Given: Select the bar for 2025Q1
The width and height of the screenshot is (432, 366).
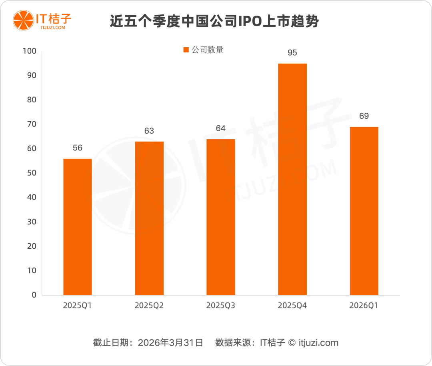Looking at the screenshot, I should pyautogui.click(x=78, y=227).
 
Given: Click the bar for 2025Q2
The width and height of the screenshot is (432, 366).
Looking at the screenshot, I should pyautogui.click(x=149, y=218).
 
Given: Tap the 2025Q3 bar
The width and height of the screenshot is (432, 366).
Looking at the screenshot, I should pyautogui.click(x=221, y=217).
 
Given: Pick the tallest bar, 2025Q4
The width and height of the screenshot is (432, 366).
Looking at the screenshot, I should pyautogui.click(x=292, y=179).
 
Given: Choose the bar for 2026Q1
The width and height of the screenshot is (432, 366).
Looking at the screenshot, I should pyautogui.click(x=364, y=211).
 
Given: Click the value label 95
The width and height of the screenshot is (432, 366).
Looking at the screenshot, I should pyautogui.click(x=292, y=52).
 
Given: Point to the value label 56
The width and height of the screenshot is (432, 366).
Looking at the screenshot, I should pyautogui.click(x=78, y=148).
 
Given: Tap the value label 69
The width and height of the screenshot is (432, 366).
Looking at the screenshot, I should pyautogui.click(x=364, y=116).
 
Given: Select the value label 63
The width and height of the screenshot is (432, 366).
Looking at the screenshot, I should pyautogui.click(x=149, y=131).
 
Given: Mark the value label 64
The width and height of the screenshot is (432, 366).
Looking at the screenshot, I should pyautogui.click(x=221, y=128).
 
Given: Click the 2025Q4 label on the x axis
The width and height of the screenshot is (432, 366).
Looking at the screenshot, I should pyautogui.click(x=292, y=306).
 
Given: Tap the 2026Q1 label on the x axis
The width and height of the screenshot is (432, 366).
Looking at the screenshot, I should pyautogui.click(x=364, y=306).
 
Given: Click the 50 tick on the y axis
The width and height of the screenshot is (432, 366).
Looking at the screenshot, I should pyautogui.click(x=32, y=173).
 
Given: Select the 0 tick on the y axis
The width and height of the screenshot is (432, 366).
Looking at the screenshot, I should pyautogui.click(x=34, y=295).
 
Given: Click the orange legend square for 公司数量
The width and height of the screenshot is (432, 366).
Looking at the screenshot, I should pyautogui.click(x=186, y=50).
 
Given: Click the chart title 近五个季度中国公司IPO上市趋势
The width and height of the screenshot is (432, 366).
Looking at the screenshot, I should pyautogui.click(x=214, y=21).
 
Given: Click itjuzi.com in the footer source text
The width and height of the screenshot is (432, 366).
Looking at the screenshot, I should pyautogui.click(x=318, y=343).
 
